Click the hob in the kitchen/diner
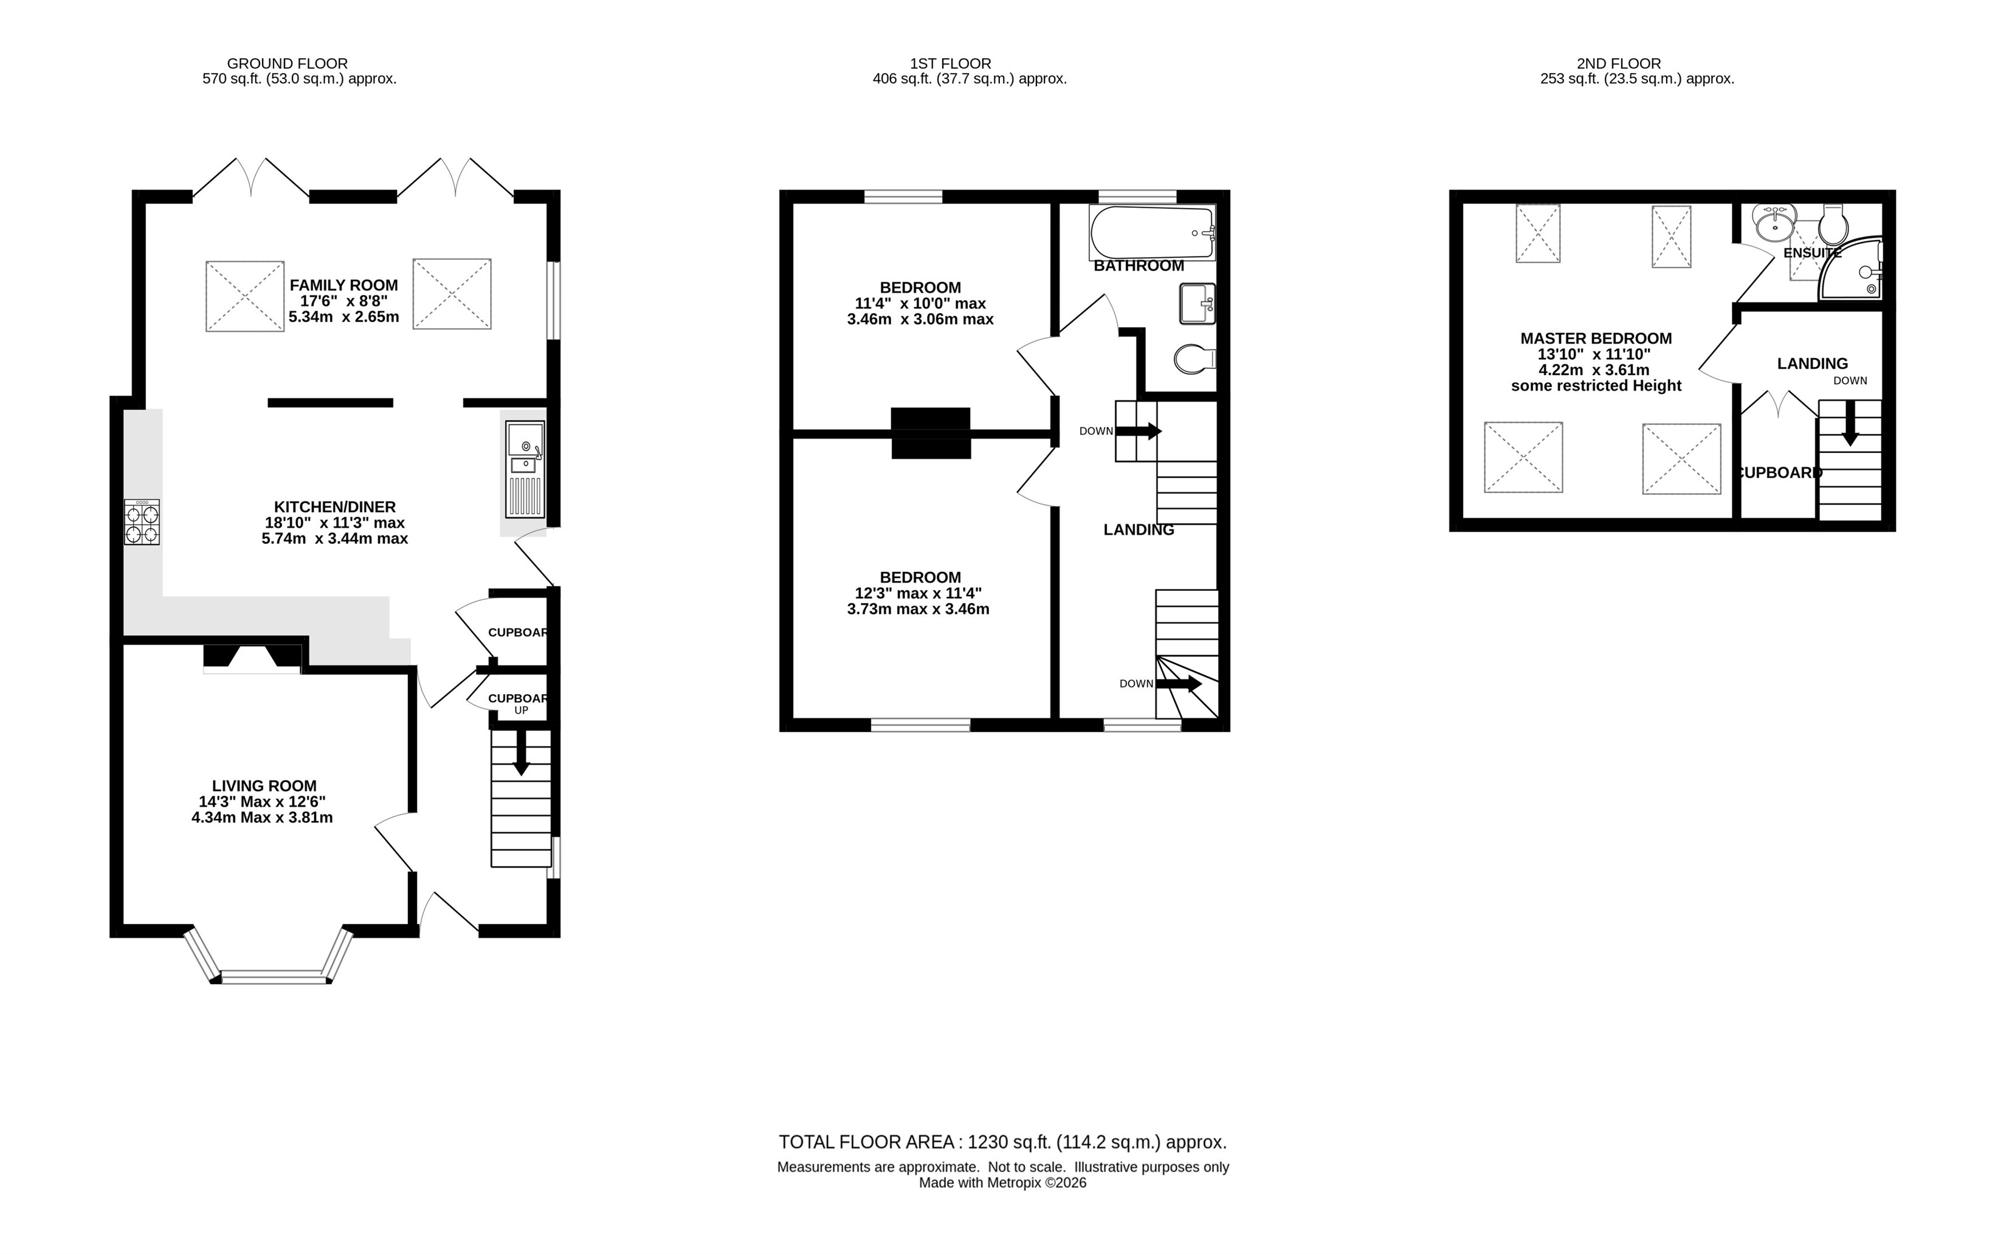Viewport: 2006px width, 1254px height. pyautogui.click(x=142, y=522)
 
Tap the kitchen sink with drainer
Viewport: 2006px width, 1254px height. pyautogui.click(x=525, y=469)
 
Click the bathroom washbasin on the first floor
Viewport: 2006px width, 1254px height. pyautogui.click(x=1198, y=303)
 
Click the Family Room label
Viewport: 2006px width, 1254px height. pyautogui.click(x=343, y=285)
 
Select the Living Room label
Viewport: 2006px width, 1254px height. pyautogui.click(x=264, y=785)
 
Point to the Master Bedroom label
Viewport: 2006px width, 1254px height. pyautogui.click(x=1596, y=339)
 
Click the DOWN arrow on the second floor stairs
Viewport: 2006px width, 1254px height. pyautogui.click(x=1850, y=423)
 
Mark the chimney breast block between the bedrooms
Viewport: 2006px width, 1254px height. pyautogui.click(x=931, y=433)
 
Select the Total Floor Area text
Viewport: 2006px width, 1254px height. pyautogui.click(x=1002, y=1142)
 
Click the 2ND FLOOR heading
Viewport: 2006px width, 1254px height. pyautogui.click(x=1619, y=63)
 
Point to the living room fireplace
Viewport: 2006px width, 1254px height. pyautogui.click(x=253, y=658)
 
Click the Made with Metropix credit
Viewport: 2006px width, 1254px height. pyautogui.click(x=1002, y=1183)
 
